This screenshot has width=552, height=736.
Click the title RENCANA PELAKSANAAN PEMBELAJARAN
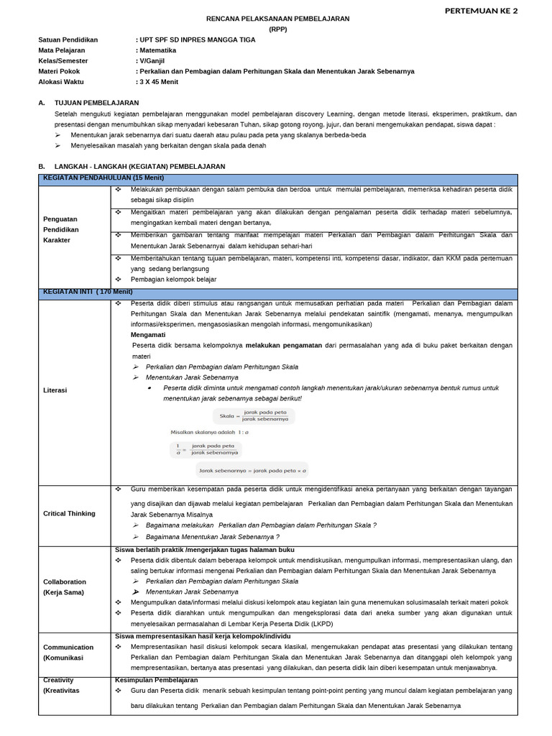(277, 19)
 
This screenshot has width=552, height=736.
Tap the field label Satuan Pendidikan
(68, 40)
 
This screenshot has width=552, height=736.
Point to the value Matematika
(157, 50)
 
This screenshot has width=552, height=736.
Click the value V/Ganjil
(153, 61)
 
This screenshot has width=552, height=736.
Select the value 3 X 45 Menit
(159, 82)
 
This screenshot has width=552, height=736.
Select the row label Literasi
(55, 390)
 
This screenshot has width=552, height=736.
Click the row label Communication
(68, 647)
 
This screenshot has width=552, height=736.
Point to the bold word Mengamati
(148, 335)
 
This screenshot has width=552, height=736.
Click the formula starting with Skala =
(254, 415)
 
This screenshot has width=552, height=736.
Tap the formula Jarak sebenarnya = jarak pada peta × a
(252, 471)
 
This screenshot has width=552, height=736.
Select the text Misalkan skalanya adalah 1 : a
(209, 433)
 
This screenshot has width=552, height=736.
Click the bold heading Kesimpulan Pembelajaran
(156, 680)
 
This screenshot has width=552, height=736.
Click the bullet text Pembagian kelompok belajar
(173, 279)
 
